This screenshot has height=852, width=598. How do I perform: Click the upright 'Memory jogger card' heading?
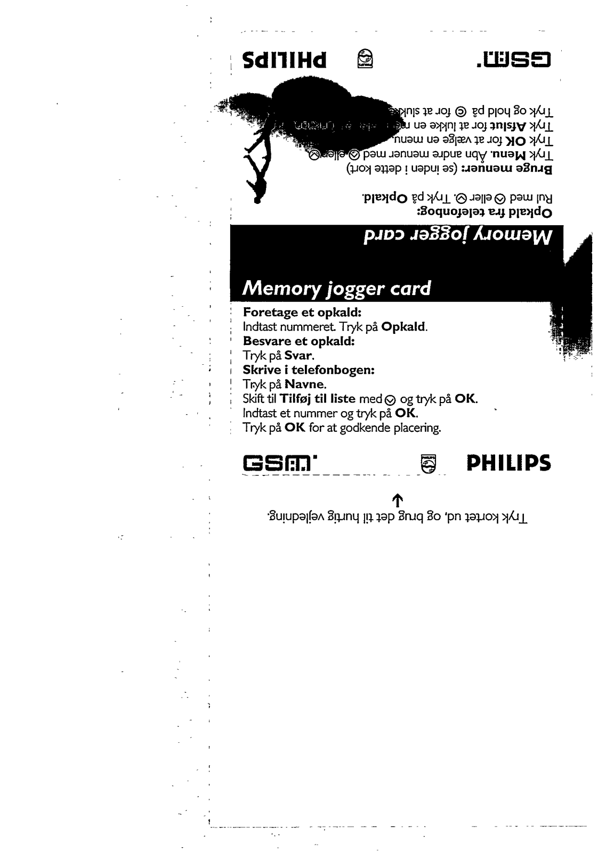coord(336,288)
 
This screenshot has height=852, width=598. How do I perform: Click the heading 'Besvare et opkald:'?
coord(299,341)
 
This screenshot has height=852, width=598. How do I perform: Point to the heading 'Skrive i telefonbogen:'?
coord(309,370)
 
